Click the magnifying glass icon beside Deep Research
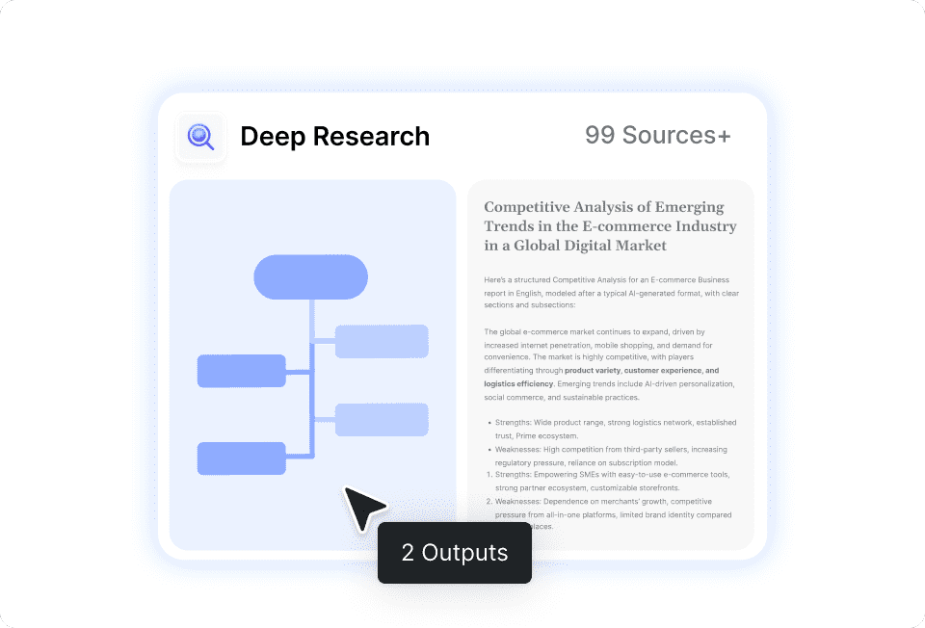click(x=200, y=137)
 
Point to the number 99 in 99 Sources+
click(x=599, y=136)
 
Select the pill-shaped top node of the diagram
click(x=310, y=277)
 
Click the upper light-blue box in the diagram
click(x=382, y=341)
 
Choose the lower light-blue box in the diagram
click(x=382, y=420)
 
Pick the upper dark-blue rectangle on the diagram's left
click(x=241, y=371)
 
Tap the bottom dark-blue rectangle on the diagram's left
click(x=241, y=458)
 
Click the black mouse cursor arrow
click(x=362, y=507)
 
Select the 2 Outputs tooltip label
click(x=454, y=553)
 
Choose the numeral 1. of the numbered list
click(x=489, y=475)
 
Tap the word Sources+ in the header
click(x=675, y=136)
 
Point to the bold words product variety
click(x=592, y=371)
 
